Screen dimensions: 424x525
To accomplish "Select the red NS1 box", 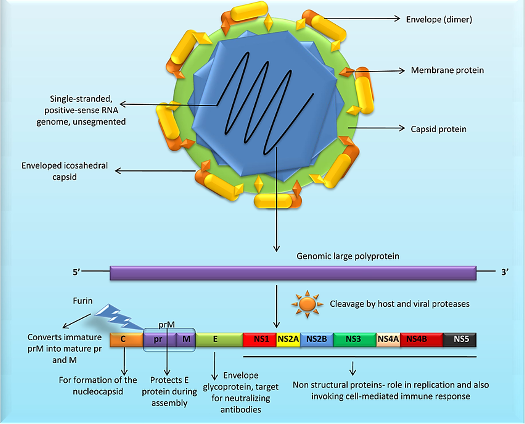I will pos(259,339).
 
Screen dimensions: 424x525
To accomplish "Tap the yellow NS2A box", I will pos(288,339).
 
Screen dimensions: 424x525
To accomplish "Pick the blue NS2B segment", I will pos(316,339).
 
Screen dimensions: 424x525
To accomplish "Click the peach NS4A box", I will pos(388,339).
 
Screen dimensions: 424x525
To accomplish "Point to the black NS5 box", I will pos(460,339).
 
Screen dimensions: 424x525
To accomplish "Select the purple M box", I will pos(186,340).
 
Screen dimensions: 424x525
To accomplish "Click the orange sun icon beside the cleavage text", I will pos(307,303).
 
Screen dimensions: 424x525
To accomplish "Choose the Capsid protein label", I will pos(439,129).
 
